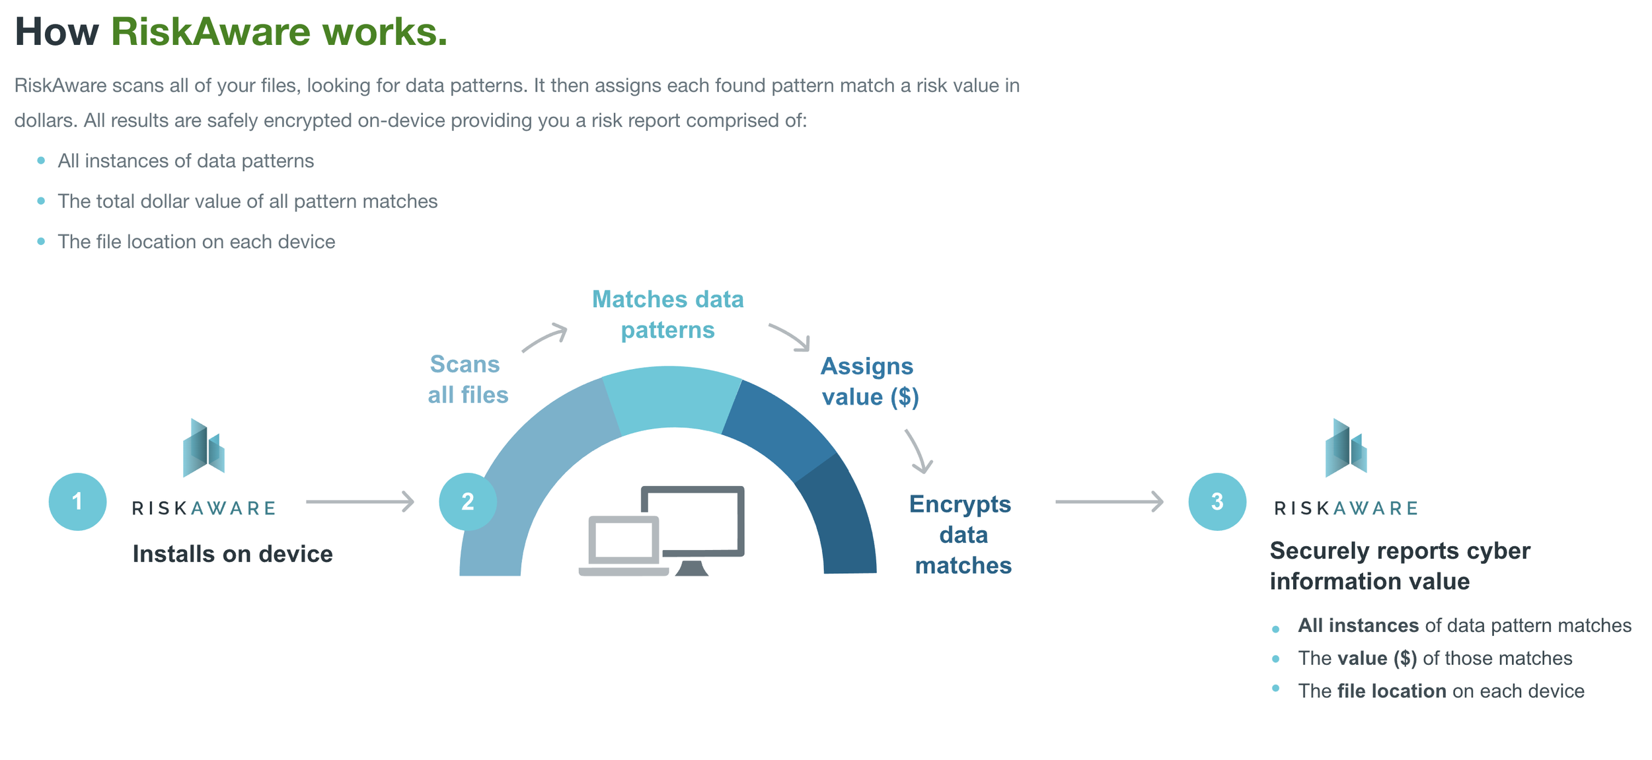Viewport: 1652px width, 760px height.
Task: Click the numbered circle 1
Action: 77,502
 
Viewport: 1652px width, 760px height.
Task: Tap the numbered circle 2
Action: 468,502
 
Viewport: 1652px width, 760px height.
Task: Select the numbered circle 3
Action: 1217,502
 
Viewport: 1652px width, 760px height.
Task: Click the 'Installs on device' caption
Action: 233,554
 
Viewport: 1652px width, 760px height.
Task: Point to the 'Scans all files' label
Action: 467,380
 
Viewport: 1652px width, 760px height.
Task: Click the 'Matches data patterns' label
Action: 667,314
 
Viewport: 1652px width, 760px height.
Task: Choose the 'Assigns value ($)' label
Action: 869,382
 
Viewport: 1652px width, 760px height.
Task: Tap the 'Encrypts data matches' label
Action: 962,534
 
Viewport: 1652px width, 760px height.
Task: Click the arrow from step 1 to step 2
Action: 360,502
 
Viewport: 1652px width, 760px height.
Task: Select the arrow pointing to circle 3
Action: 1109,502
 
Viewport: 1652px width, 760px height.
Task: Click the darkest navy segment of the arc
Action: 843,522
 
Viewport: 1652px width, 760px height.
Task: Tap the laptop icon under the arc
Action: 622,545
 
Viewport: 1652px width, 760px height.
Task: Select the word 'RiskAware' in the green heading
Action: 210,32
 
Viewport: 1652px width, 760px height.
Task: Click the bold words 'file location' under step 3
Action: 1391,691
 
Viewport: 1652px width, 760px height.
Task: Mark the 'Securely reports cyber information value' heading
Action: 1400,566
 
